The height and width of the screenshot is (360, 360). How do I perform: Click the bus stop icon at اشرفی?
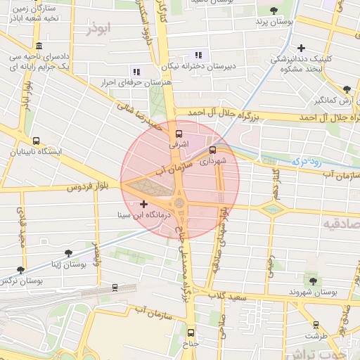click(x=178, y=133)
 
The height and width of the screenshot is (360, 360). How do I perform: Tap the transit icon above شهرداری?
click(x=213, y=149)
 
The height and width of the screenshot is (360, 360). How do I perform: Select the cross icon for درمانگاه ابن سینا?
click(x=144, y=204)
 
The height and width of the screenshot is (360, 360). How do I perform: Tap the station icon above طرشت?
click(x=316, y=325)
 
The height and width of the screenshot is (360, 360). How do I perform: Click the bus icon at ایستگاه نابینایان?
click(x=36, y=141)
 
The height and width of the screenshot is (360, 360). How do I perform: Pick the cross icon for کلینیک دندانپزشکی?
click(x=302, y=49)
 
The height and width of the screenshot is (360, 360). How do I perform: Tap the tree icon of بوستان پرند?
click(x=274, y=11)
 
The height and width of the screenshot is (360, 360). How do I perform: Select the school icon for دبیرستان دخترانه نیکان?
click(x=198, y=55)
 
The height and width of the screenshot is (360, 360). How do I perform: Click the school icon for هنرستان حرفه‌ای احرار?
click(x=136, y=71)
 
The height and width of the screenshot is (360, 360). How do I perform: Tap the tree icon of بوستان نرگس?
click(x=20, y=269)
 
